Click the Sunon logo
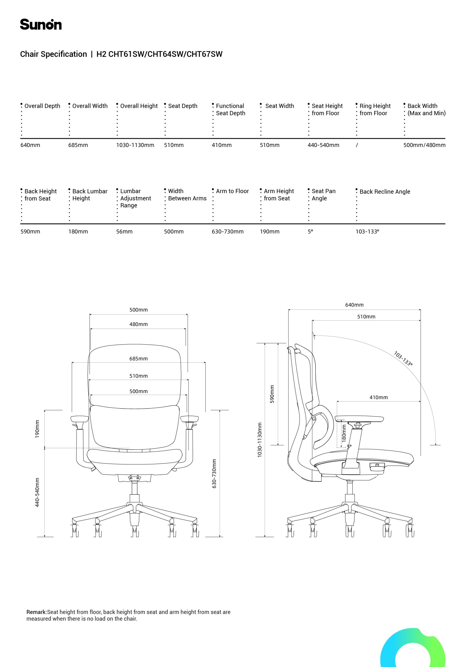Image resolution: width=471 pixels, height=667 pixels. (41, 24)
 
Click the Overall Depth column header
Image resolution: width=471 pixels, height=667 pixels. (42, 106)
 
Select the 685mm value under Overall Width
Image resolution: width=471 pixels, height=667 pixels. (78, 145)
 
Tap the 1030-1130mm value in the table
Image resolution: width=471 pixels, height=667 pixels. (135, 145)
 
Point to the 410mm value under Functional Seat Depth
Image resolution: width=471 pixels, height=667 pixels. (222, 145)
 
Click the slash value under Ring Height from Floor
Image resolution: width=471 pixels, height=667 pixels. (357, 145)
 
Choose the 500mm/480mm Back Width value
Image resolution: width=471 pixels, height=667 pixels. (424, 145)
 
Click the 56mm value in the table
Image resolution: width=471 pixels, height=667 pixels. (124, 232)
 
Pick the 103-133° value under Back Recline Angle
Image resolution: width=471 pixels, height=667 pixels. (367, 232)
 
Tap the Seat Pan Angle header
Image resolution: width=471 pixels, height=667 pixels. (323, 195)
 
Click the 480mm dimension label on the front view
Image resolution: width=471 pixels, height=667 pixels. (138, 324)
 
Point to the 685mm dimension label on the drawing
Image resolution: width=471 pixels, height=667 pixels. (138, 359)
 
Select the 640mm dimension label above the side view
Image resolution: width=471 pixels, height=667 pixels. (354, 305)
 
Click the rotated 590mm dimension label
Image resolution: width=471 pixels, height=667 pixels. (272, 394)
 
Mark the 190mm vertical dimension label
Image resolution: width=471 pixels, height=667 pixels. (37, 429)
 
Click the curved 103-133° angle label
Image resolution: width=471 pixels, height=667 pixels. (403, 359)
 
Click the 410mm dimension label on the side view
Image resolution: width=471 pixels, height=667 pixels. (378, 397)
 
